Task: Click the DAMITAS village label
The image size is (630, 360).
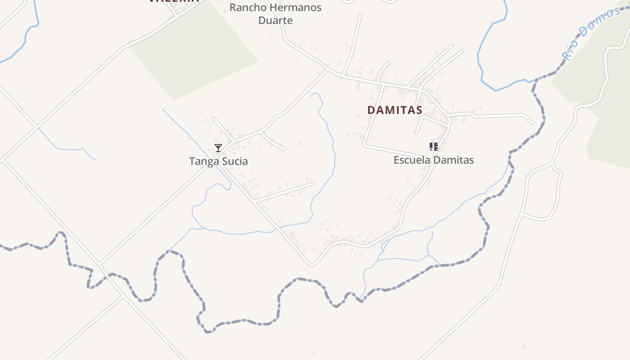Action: click(x=395, y=110)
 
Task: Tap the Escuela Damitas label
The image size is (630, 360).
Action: click(x=433, y=160)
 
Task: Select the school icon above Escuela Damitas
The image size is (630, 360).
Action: click(x=434, y=146)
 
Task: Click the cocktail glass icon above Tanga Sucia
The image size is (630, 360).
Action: click(x=218, y=148)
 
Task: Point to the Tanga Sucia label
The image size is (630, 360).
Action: click(x=218, y=161)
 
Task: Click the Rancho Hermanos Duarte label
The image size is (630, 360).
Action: click(x=275, y=14)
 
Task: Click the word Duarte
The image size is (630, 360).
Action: click(x=275, y=20)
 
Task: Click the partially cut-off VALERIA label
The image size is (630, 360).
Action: click(x=173, y=1)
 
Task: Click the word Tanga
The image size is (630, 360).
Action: click(x=203, y=161)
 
